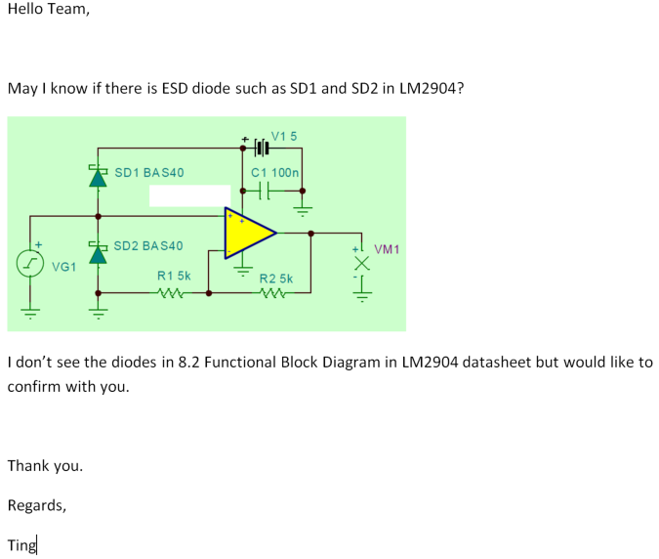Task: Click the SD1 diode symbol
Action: pos(97,177)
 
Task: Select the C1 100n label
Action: pos(274,172)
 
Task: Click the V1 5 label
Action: pos(283,135)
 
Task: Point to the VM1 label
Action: pos(387,250)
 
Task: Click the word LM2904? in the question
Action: pos(432,88)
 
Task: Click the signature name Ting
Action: pos(21,545)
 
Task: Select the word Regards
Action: pos(37,505)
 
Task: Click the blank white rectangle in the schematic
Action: pos(189,194)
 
